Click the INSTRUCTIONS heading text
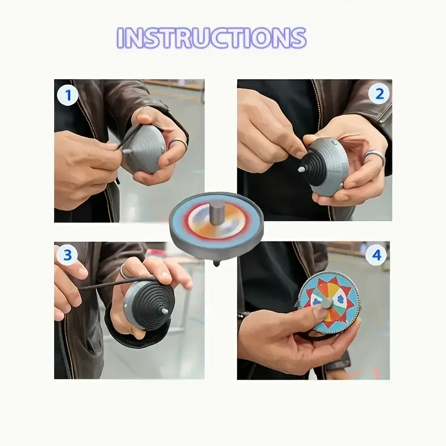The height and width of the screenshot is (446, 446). tap(212, 38)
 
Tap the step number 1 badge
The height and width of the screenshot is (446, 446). tap(67, 95)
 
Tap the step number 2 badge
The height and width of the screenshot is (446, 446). tap(379, 93)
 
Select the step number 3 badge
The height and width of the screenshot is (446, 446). tap(67, 255)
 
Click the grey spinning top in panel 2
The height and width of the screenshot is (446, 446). tap(327, 166)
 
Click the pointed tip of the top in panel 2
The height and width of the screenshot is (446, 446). tap(301, 168)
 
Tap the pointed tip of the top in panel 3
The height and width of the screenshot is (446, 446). tap(167, 310)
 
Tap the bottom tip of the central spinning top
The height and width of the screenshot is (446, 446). tap(216, 263)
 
